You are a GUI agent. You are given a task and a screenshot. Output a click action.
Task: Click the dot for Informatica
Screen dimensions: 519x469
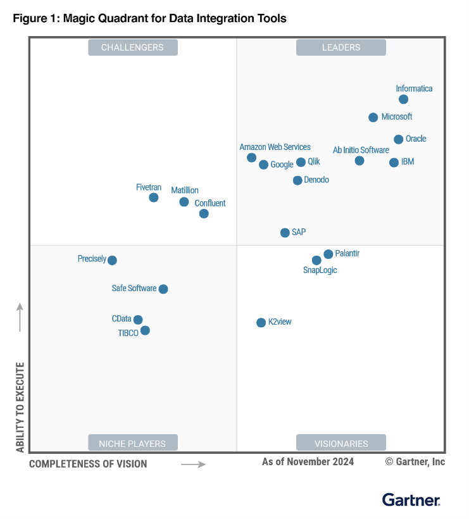coord(403,99)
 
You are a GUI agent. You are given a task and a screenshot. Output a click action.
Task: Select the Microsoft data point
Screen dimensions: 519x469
coord(373,117)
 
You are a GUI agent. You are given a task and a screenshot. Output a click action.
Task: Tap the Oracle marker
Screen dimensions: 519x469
coord(398,139)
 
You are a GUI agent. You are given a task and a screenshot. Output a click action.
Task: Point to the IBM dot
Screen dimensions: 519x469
coord(394,163)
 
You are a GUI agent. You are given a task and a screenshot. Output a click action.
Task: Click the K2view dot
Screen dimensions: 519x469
coord(261,323)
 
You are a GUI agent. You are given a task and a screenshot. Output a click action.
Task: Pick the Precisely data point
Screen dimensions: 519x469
coord(112,260)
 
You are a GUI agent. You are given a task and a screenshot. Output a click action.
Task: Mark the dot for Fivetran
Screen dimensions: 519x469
coord(153,197)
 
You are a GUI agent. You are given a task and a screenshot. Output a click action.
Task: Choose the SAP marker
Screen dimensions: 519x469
coord(285,233)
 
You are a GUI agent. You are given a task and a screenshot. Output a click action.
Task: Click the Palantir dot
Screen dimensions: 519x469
coord(328,254)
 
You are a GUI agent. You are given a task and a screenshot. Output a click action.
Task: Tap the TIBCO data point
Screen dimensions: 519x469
coord(145,330)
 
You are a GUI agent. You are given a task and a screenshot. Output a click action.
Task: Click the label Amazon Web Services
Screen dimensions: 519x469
coord(275,147)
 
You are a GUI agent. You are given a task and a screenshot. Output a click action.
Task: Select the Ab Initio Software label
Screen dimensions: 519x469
coord(361,150)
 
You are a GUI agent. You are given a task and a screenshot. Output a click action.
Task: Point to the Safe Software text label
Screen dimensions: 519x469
coord(134,288)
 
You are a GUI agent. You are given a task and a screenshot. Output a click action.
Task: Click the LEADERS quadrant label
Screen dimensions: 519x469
coord(341,47)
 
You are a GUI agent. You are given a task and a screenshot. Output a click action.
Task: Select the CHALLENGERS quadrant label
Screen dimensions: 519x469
coord(132,47)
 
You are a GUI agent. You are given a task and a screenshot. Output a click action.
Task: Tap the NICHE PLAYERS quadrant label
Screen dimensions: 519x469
coord(132,444)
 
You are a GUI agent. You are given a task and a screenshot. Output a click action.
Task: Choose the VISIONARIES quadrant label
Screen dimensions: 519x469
coord(341,444)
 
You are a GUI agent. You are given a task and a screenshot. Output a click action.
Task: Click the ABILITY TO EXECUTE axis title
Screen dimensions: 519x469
coord(20,407)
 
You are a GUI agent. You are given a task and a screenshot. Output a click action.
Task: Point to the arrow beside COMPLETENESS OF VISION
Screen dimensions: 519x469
coord(193,464)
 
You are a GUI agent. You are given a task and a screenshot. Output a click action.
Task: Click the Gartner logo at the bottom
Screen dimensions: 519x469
coord(411,500)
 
